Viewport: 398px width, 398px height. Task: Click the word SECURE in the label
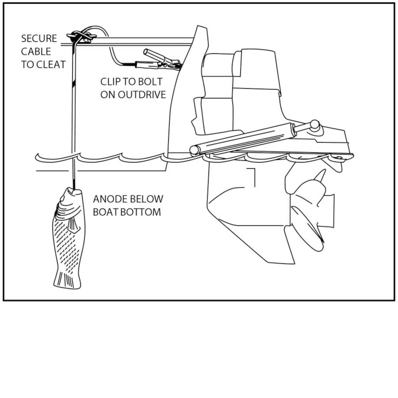pos(39,39)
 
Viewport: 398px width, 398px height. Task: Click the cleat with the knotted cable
pos(82,37)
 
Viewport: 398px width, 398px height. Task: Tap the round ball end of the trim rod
pos(315,125)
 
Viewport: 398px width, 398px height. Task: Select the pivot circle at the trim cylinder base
pos(195,150)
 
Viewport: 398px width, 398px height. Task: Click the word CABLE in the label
pos(36,51)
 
